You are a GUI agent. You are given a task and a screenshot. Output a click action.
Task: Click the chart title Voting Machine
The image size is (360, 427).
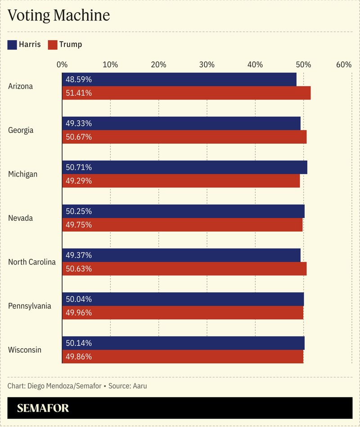58,15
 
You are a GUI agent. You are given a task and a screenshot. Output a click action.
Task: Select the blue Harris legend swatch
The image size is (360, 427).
12,45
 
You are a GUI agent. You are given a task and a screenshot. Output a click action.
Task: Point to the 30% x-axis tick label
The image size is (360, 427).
207,65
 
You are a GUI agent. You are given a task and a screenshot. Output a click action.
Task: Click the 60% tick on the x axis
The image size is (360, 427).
343,65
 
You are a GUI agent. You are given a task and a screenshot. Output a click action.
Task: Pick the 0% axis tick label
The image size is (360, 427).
62,65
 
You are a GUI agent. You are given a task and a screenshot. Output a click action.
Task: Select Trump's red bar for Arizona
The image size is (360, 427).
186,93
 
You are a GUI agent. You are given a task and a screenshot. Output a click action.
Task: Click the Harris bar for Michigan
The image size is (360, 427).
184,168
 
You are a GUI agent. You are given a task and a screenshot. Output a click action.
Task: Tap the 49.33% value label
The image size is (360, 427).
79,123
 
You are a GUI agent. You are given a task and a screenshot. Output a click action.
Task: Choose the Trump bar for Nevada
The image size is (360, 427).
182,225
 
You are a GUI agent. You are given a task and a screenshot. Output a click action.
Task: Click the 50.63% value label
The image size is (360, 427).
79,269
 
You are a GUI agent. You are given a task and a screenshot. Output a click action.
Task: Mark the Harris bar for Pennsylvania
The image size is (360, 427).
183,299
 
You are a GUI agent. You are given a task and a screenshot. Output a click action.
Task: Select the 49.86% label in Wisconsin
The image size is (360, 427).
79,357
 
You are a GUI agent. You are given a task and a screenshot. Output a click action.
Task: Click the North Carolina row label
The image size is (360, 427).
32,262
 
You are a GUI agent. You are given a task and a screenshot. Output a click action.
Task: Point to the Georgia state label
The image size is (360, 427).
21,130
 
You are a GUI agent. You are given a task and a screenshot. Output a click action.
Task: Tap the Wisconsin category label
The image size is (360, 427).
25,350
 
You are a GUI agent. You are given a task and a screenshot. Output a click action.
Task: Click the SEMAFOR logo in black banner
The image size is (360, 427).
43,409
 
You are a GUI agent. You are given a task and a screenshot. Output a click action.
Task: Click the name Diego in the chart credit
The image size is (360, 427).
37,386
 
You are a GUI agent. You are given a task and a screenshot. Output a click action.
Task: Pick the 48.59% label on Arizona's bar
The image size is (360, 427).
79,80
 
